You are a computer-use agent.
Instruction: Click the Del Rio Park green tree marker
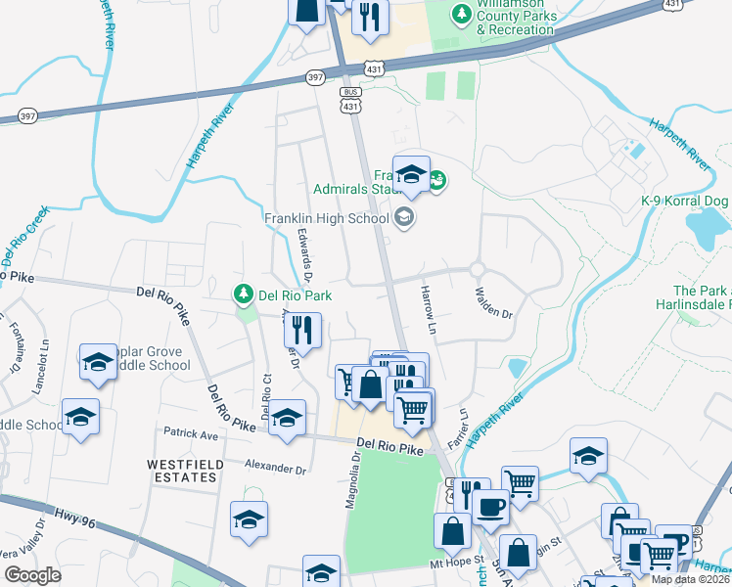point(243,293)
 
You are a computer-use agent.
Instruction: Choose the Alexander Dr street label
point(276,468)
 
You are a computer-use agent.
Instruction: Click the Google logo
point(32,575)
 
